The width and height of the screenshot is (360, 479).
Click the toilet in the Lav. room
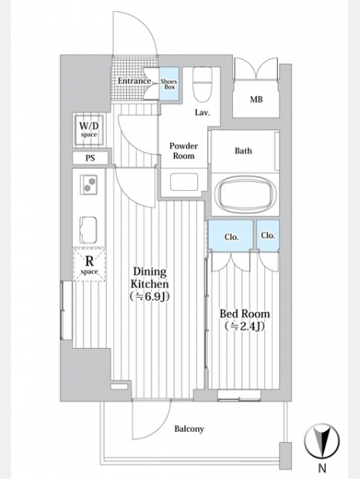click(203, 85)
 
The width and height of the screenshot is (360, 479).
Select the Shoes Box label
click(168, 84)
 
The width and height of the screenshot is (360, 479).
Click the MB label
click(256, 99)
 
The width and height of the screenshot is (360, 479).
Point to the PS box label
click(90, 158)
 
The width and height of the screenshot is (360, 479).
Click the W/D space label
click(89, 129)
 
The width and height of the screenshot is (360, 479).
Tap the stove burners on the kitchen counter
click(89, 184)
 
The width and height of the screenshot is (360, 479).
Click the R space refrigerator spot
click(89, 264)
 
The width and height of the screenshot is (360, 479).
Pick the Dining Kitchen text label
click(149, 283)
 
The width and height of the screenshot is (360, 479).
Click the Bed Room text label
click(244, 320)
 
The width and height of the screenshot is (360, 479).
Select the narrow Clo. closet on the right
click(268, 235)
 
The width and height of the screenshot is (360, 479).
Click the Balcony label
click(189, 429)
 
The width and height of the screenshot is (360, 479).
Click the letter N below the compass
click(322, 467)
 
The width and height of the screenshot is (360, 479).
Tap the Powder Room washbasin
click(184, 182)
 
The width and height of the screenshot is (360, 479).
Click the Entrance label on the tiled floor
click(134, 81)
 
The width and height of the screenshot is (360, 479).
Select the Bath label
click(243, 151)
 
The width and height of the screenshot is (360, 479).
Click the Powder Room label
click(184, 151)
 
